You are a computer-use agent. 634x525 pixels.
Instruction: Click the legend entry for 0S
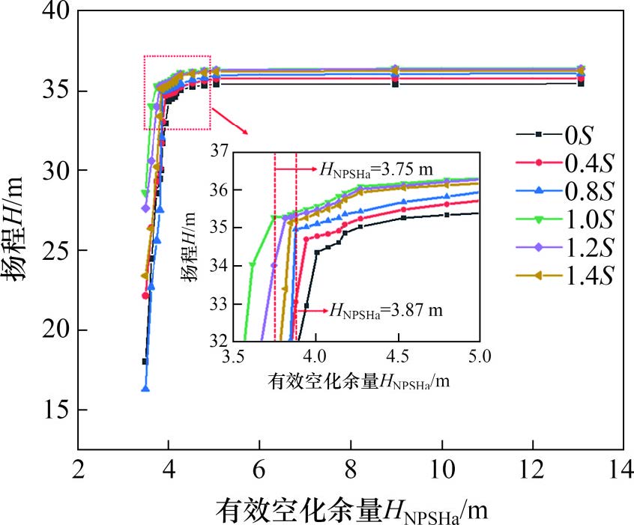coord(555,135)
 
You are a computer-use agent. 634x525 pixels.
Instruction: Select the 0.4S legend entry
coord(565,163)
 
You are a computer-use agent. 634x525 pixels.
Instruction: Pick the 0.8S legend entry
coord(565,190)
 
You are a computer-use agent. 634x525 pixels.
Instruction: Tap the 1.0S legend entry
coord(565,219)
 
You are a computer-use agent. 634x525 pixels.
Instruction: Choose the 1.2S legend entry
coord(565,247)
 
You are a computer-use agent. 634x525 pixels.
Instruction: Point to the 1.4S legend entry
coord(565,276)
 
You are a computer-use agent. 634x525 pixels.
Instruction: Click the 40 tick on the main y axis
coord(56,10)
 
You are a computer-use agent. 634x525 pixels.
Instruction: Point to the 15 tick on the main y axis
coord(56,410)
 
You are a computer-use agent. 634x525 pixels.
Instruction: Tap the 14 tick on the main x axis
coord(621,470)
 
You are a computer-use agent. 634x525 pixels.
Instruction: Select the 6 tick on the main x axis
coord(259,470)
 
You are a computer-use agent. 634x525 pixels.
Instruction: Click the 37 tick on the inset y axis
coord(220,151)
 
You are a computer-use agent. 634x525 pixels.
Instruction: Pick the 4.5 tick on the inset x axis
coord(398,356)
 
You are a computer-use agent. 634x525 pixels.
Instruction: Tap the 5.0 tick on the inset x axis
coord(480,356)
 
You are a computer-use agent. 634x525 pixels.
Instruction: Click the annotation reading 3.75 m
coord(376,169)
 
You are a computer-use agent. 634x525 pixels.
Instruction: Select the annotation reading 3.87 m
coord(386,311)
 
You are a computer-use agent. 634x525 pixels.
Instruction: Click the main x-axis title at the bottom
coord(351,510)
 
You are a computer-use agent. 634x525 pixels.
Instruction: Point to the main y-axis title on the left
coord(13,228)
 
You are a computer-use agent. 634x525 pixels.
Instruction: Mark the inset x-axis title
coord(359,381)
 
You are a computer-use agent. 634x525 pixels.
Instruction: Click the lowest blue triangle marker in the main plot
coord(145,389)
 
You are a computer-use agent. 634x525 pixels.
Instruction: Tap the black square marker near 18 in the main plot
coord(145,361)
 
